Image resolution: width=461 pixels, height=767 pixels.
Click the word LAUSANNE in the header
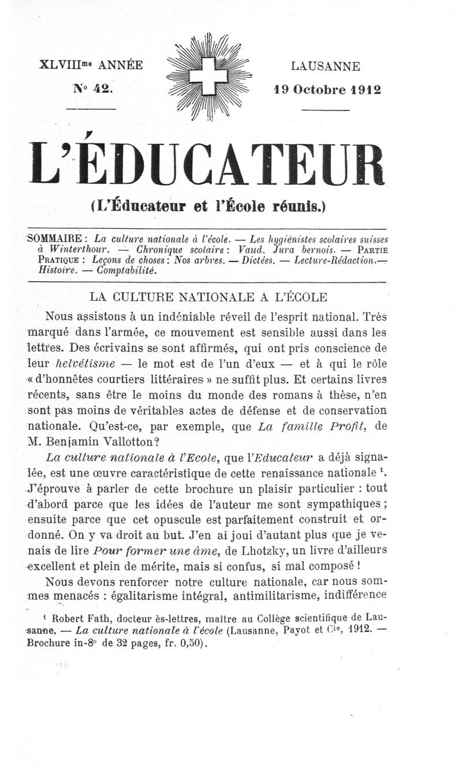tap(326, 66)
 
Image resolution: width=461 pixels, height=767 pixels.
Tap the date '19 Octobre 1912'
tap(327, 90)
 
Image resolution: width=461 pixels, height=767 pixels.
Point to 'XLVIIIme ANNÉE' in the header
tap(91, 65)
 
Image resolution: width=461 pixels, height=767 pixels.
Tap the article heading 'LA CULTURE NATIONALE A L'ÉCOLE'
tap(209, 297)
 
